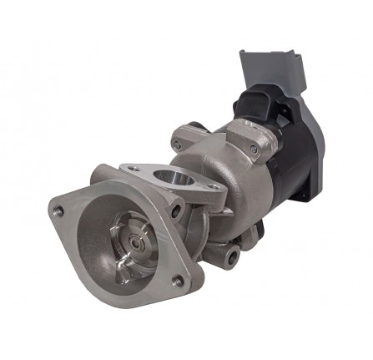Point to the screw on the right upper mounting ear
point(254,150)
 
